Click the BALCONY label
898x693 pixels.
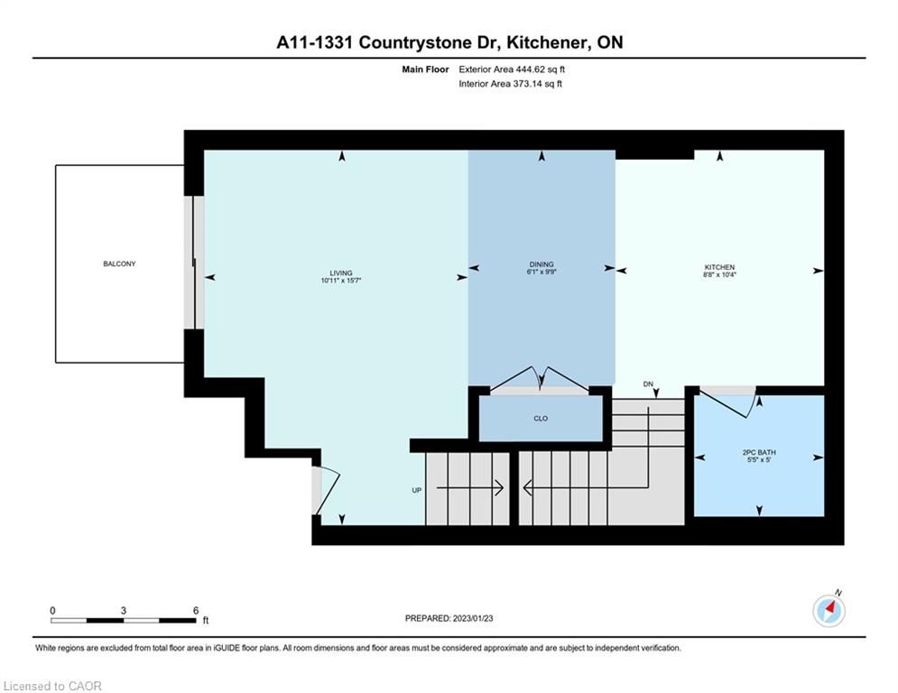pyautogui.click(x=119, y=264)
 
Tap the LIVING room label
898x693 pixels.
pyautogui.click(x=341, y=273)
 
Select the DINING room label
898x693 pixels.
pyautogui.click(x=542, y=264)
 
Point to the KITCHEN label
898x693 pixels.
pyautogui.click(x=719, y=267)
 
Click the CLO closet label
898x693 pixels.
pyautogui.click(x=541, y=419)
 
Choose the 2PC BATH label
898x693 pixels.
pyautogui.click(x=759, y=452)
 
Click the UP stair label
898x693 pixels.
pyautogui.click(x=417, y=490)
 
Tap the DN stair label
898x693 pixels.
pyautogui.click(x=648, y=384)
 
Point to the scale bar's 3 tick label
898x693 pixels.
pyautogui.click(x=123, y=611)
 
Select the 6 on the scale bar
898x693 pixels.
pyautogui.click(x=196, y=611)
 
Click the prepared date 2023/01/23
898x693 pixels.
pyautogui.click(x=473, y=618)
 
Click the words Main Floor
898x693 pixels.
pyautogui.click(x=425, y=69)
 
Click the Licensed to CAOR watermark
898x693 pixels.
pyautogui.click(x=52, y=686)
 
